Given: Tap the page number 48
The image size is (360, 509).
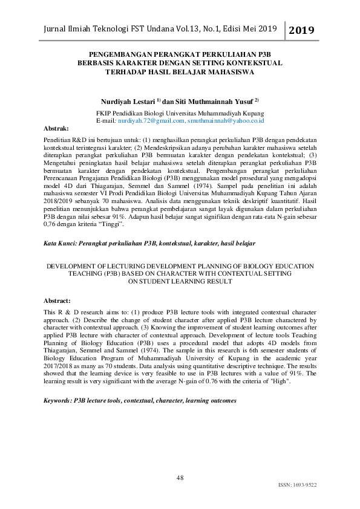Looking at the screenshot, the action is [180, 478].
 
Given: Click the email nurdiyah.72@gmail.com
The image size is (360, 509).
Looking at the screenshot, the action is [151, 121].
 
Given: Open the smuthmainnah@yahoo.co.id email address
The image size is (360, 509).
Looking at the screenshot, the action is [226, 121].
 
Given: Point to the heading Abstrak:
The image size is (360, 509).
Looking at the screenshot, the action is [57, 129].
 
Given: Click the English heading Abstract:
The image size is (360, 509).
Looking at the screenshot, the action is [57, 300].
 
